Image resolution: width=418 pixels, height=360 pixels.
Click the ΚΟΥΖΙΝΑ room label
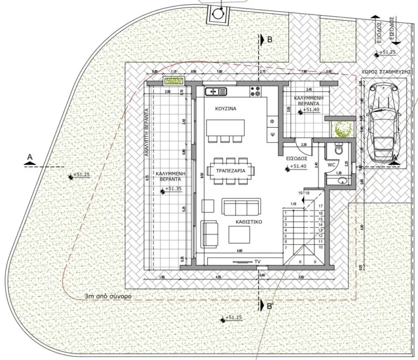click(x=225, y=109)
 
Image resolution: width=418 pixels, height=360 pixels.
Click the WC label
click(x=331, y=164)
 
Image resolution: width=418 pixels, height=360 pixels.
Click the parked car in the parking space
click(x=383, y=124)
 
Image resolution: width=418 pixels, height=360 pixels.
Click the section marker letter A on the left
click(x=30, y=157)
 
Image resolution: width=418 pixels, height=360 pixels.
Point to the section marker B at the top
click(x=269, y=40)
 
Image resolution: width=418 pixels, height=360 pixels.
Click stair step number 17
click(x=321, y=206)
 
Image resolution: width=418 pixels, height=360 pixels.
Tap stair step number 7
click(x=285, y=247)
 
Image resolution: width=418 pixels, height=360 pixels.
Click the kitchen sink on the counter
click(x=212, y=92)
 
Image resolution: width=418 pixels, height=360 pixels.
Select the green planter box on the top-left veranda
click(x=174, y=82)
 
